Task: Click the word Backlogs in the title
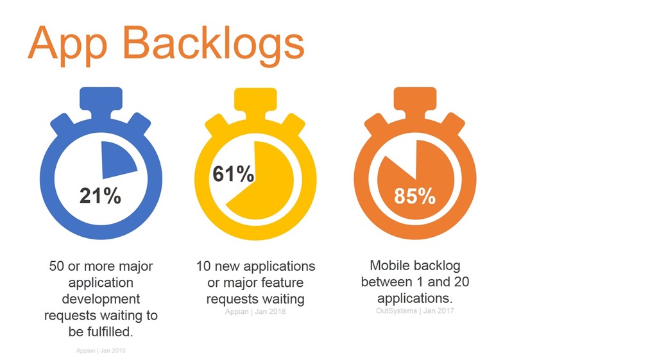click(213, 46)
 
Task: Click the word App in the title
click(67, 46)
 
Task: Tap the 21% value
click(101, 196)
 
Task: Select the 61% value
click(234, 174)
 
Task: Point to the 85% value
click(415, 196)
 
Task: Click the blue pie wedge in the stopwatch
click(116, 160)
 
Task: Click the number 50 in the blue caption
click(56, 266)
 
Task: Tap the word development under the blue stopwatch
click(101, 299)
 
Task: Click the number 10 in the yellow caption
click(203, 266)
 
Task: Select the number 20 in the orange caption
click(461, 282)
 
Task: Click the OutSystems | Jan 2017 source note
click(415, 311)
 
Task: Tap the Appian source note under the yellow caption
click(255, 312)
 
